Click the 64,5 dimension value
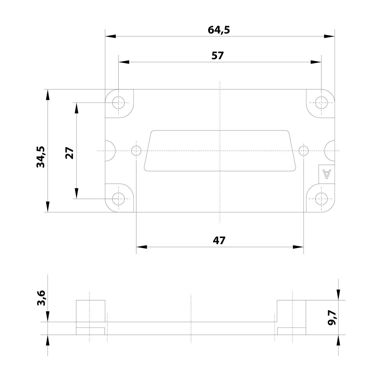219,30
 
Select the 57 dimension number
217,56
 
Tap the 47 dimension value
219,240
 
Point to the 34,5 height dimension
41,157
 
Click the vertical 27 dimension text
70,153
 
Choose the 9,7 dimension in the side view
332,318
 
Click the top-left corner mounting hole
118,103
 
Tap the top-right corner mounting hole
321,103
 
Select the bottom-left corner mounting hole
118,199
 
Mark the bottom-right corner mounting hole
321,199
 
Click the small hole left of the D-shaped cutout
136,151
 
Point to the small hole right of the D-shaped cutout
304,151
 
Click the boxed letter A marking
326,174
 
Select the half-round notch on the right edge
330,151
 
